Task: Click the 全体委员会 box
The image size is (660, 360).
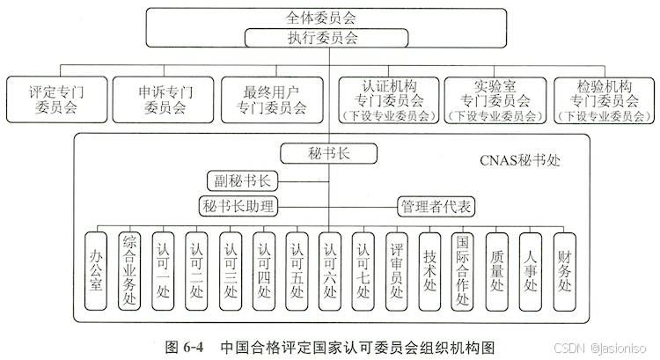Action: (329, 16)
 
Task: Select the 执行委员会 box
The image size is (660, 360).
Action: (329, 38)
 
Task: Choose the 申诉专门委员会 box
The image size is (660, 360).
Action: (164, 99)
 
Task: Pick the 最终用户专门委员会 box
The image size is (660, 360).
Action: (272, 99)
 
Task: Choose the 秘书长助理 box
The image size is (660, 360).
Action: (238, 206)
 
